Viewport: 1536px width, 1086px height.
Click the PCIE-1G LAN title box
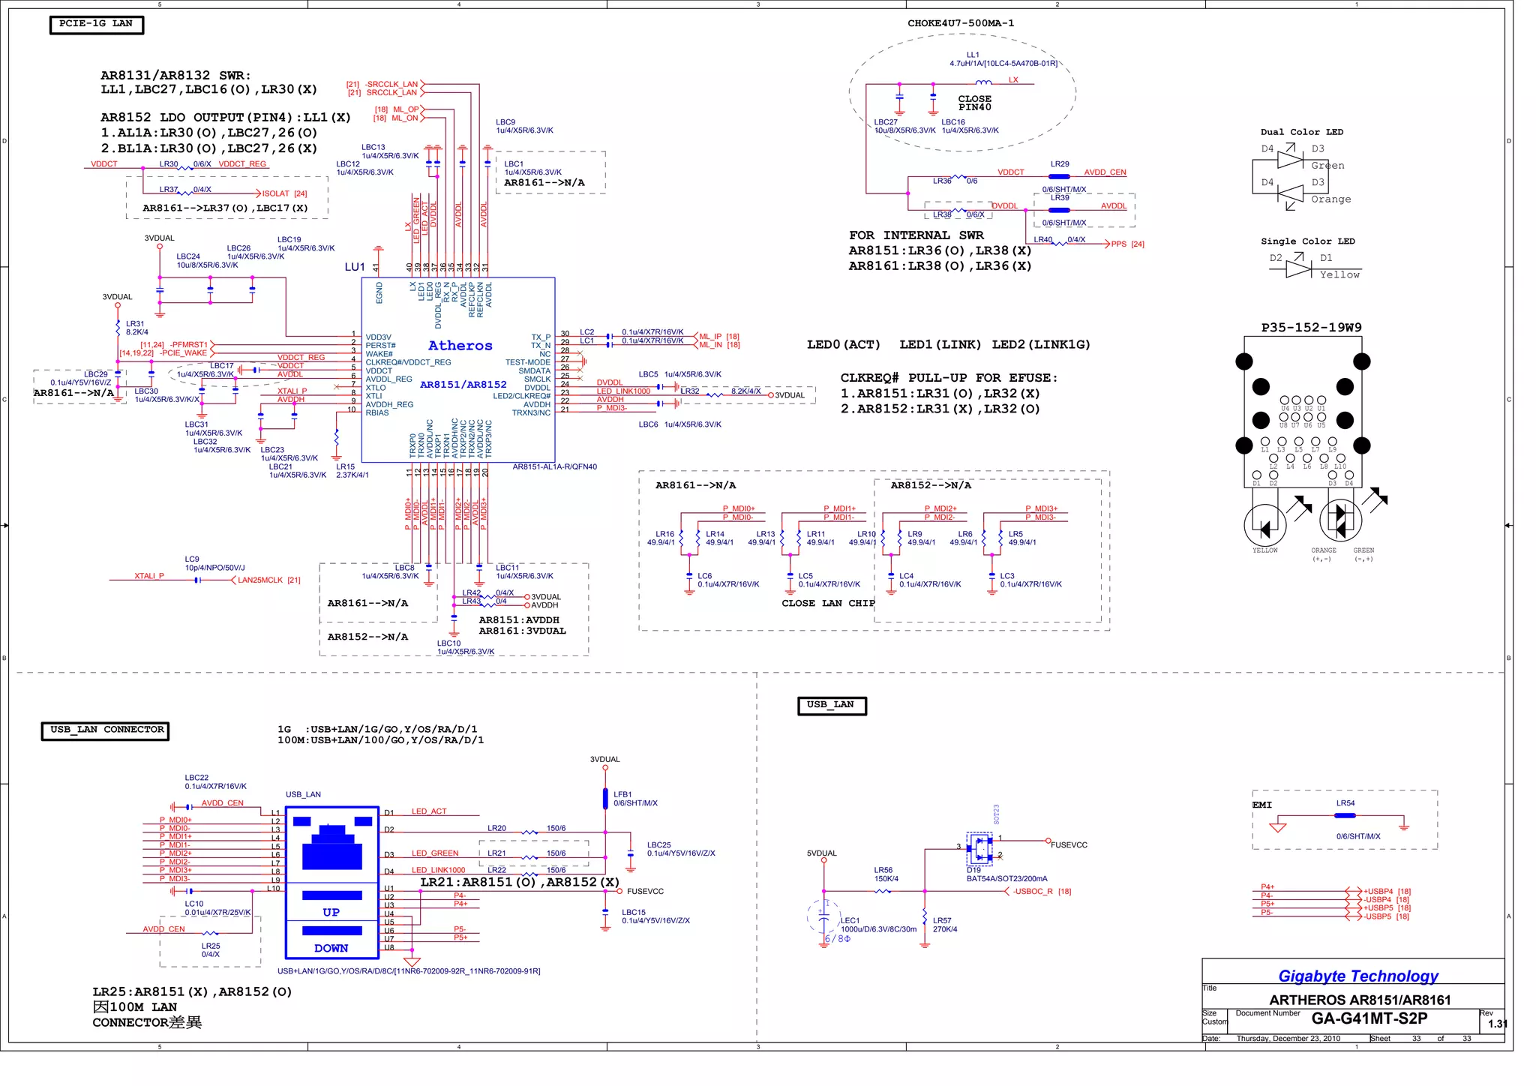point(96,24)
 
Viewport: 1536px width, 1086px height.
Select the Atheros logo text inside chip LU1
point(460,346)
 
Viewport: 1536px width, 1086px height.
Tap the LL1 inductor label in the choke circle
point(973,55)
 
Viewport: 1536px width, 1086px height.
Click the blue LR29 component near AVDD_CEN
point(1059,177)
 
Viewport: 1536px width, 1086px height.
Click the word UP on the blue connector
point(331,913)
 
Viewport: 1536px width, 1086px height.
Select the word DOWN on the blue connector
point(331,949)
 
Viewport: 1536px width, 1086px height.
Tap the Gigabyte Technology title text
point(1357,976)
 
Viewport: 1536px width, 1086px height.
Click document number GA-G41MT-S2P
point(1369,1018)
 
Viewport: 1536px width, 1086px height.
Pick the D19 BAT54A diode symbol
point(979,850)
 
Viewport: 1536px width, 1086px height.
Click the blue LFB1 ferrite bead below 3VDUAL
point(605,799)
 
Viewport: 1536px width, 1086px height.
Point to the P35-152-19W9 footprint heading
point(1311,328)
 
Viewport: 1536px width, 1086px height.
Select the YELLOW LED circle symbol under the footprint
point(1264,524)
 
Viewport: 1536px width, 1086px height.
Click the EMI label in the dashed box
point(1262,805)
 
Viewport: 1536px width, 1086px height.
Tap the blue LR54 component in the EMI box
point(1345,815)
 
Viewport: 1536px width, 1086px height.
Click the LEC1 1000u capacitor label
point(850,920)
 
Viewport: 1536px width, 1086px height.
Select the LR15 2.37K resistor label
point(346,466)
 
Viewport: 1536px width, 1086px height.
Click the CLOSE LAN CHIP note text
point(828,603)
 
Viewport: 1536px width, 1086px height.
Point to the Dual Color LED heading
point(1301,132)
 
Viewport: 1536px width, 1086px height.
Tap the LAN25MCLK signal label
point(259,580)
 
